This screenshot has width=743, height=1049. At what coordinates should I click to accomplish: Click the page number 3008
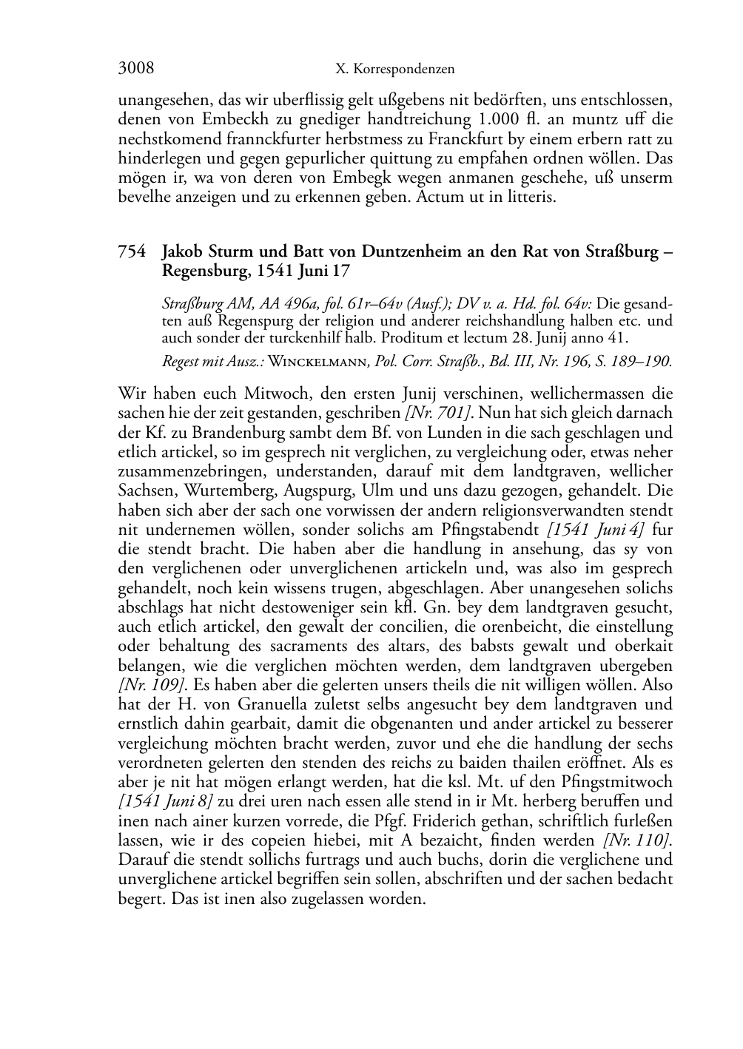(x=136, y=69)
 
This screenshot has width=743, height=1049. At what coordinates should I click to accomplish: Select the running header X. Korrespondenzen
(x=394, y=70)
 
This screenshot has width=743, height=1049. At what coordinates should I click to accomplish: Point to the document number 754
(x=132, y=252)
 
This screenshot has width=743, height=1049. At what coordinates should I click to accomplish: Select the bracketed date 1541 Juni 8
(x=167, y=801)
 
